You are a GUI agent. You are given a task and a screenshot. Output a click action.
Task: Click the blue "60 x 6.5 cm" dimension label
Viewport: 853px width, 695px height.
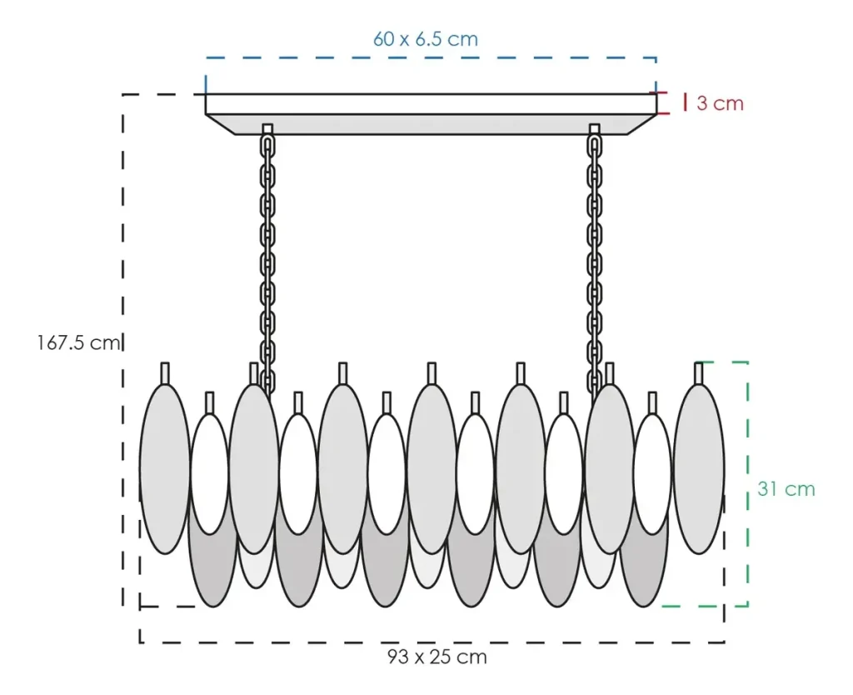point(426,39)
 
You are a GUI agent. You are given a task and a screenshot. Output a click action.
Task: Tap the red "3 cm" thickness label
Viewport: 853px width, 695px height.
point(720,102)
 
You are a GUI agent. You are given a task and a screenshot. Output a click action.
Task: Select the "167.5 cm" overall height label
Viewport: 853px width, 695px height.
point(78,342)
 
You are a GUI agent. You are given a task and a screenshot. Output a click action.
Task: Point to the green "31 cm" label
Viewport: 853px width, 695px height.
point(786,488)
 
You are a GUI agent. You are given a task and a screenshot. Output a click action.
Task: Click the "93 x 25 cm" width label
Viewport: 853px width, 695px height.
point(436,657)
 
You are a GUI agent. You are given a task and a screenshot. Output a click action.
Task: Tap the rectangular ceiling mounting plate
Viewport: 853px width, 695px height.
point(431,113)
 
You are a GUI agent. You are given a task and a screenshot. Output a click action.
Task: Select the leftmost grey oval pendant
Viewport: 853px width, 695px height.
point(165,469)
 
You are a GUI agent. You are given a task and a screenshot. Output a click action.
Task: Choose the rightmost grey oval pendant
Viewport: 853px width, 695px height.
point(699,469)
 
